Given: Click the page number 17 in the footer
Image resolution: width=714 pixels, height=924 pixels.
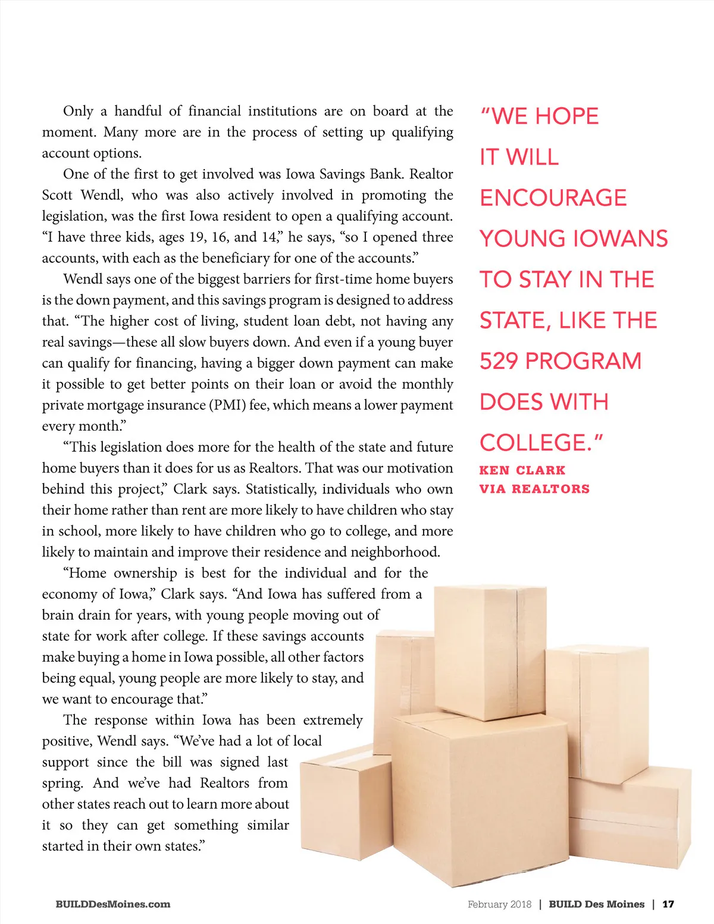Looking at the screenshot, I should tap(668, 904).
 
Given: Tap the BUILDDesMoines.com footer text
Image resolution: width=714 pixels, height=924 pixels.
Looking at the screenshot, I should tap(112, 904).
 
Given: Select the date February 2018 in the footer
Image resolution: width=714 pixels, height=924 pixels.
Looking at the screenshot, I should tap(499, 904).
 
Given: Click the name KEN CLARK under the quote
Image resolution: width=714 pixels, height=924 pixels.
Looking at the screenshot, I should tap(522, 470).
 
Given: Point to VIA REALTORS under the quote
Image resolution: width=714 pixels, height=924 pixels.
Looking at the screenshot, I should tap(534, 489).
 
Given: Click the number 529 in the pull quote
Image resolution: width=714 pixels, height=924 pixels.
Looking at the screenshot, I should tap(499, 361).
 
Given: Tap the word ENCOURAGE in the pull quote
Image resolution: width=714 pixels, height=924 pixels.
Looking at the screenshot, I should tap(553, 198).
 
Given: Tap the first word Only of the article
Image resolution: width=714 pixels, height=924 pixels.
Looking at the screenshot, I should tap(78, 111).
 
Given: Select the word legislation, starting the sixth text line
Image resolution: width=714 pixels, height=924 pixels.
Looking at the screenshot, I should tap(74, 217).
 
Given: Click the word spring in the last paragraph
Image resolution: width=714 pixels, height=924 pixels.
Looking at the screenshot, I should tap(61, 784).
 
